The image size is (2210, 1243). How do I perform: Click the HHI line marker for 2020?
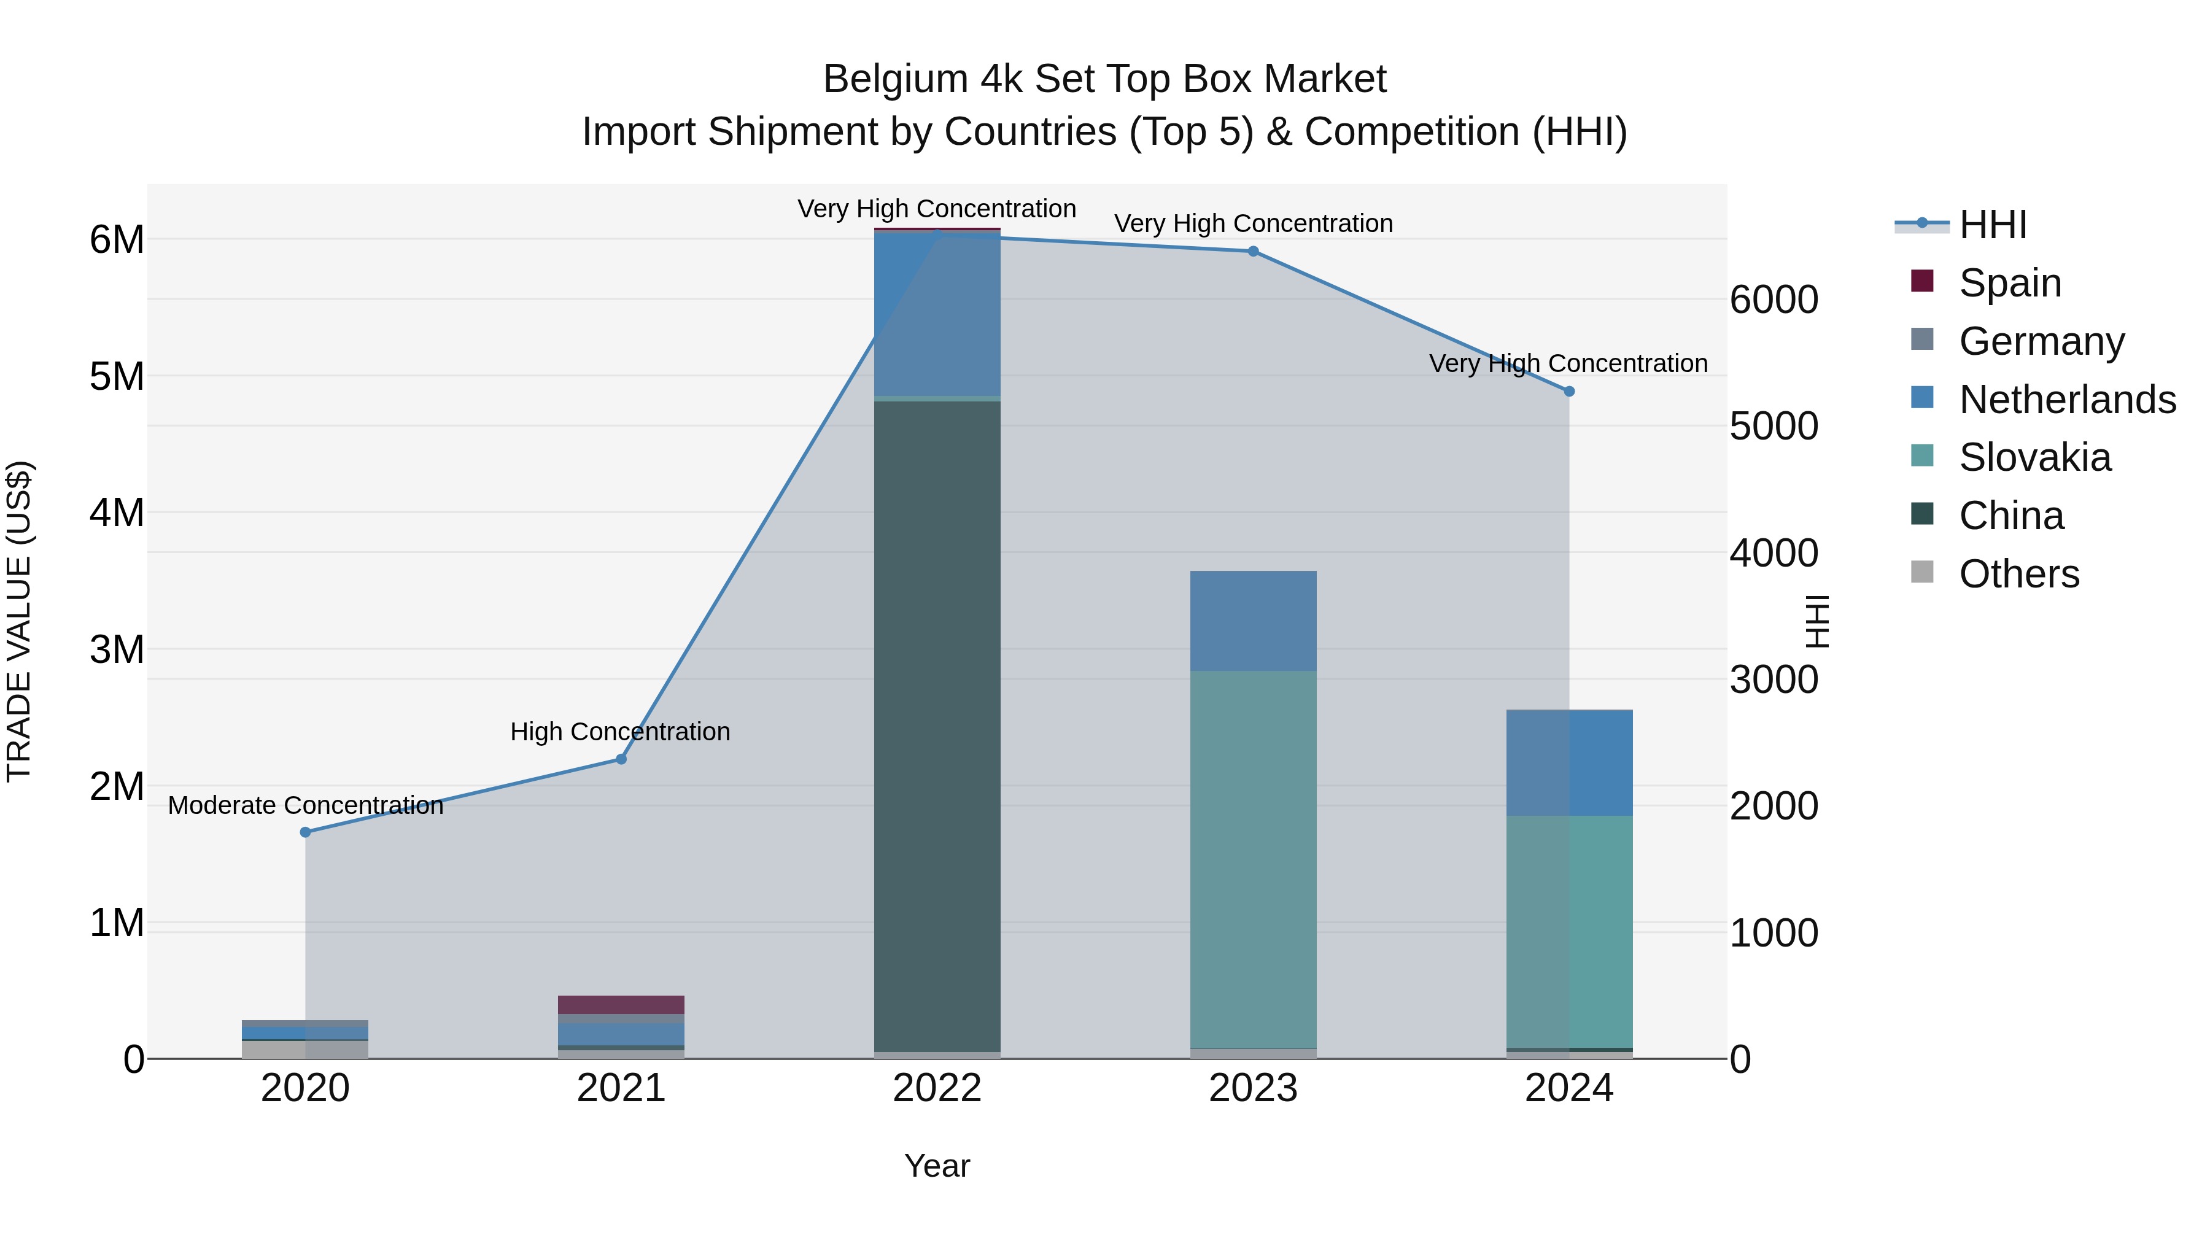[306, 832]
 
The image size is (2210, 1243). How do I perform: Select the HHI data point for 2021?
[621, 759]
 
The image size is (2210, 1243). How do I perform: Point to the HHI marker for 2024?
[1569, 391]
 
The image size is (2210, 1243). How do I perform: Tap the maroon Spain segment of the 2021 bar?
[621, 1004]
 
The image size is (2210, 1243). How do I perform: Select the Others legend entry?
[2018, 574]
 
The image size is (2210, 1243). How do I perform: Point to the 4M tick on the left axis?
[117, 513]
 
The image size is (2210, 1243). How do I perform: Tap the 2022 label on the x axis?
[937, 1088]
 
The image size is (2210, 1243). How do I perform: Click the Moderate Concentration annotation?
[306, 805]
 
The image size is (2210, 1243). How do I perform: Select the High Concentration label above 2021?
[620, 732]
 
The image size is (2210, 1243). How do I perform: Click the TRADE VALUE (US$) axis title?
[19, 621]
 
